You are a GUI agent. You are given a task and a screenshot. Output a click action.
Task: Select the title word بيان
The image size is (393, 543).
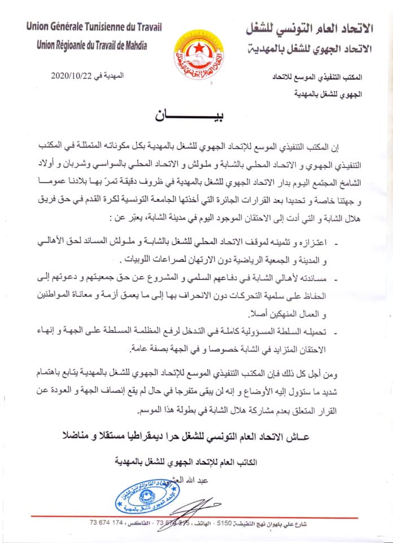click(196, 116)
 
